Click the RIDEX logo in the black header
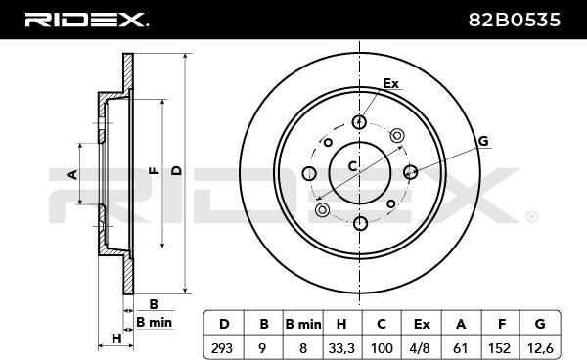(x=86, y=20)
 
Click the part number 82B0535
(x=515, y=20)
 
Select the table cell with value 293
(x=223, y=347)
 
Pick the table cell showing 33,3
(x=341, y=347)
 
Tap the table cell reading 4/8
(x=421, y=347)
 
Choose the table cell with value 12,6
(x=540, y=347)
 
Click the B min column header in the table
(x=303, y=324)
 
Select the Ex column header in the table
(x=422, y=324)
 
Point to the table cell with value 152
(x=500, y=347)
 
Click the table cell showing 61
(x=461, y=347)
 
